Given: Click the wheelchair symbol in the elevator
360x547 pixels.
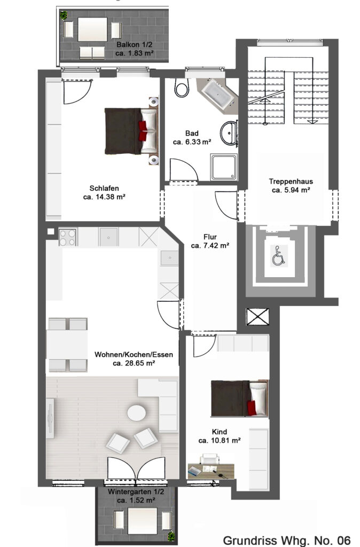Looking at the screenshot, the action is click(279, 256).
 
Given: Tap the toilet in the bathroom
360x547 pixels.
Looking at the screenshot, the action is click(182, 87).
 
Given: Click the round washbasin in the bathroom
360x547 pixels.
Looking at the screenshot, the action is click(229, 132).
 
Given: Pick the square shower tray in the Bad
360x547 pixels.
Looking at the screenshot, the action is click(224, 167).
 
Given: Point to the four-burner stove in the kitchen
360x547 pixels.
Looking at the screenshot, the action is click(67, 237).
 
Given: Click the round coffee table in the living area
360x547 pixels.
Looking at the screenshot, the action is click(136, 413).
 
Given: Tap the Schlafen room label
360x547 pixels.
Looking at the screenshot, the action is click(104, 188).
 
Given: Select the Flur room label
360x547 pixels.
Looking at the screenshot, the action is click(210, 237).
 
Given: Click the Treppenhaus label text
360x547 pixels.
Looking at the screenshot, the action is click(291, 182).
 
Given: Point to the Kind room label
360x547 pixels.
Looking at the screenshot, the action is click(220, 432).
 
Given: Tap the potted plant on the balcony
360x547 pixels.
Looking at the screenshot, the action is click(64, 15).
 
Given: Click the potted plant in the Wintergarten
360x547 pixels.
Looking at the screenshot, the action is click(171, 536).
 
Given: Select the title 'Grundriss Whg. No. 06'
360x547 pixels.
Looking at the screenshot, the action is click(286, 541).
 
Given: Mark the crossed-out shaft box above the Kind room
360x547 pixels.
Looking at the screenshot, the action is click(258, 317).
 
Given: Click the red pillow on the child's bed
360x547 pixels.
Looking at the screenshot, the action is click(252, 408).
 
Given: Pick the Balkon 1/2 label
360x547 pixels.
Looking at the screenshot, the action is click(134, 45).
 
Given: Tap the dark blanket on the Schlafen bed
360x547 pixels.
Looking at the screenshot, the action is click(123, 131).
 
